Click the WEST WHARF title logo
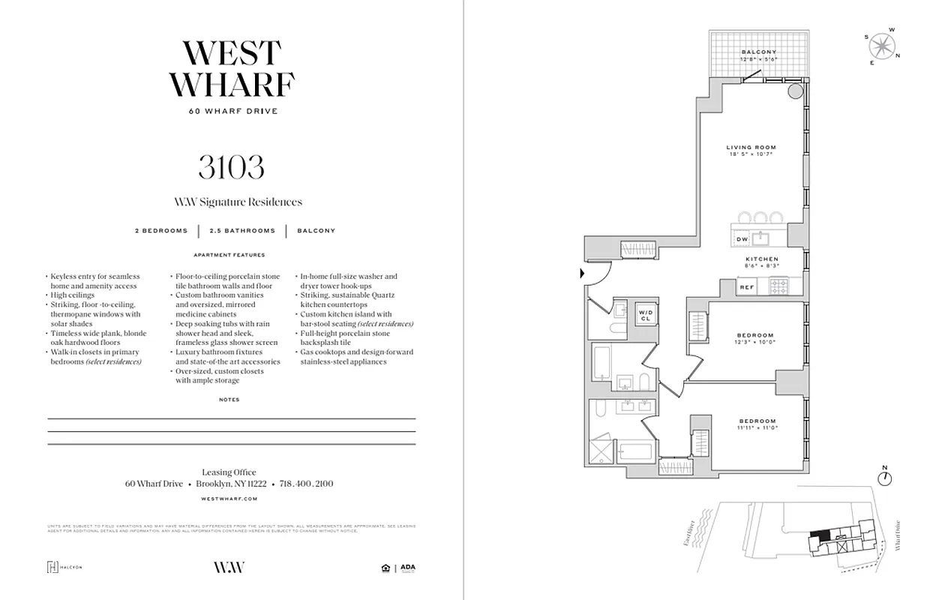pos(232,69)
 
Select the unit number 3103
pos(231,167)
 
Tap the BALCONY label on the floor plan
pos(758,52)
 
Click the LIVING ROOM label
pos(751,147)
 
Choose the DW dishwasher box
pos(741,239)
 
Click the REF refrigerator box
pos(746,287)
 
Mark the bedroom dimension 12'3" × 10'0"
pos(755,342)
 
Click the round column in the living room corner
pos(796,92)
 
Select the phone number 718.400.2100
pos(306,484)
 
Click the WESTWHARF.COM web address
pos(229,498)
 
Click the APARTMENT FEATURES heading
pos(229,255)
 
